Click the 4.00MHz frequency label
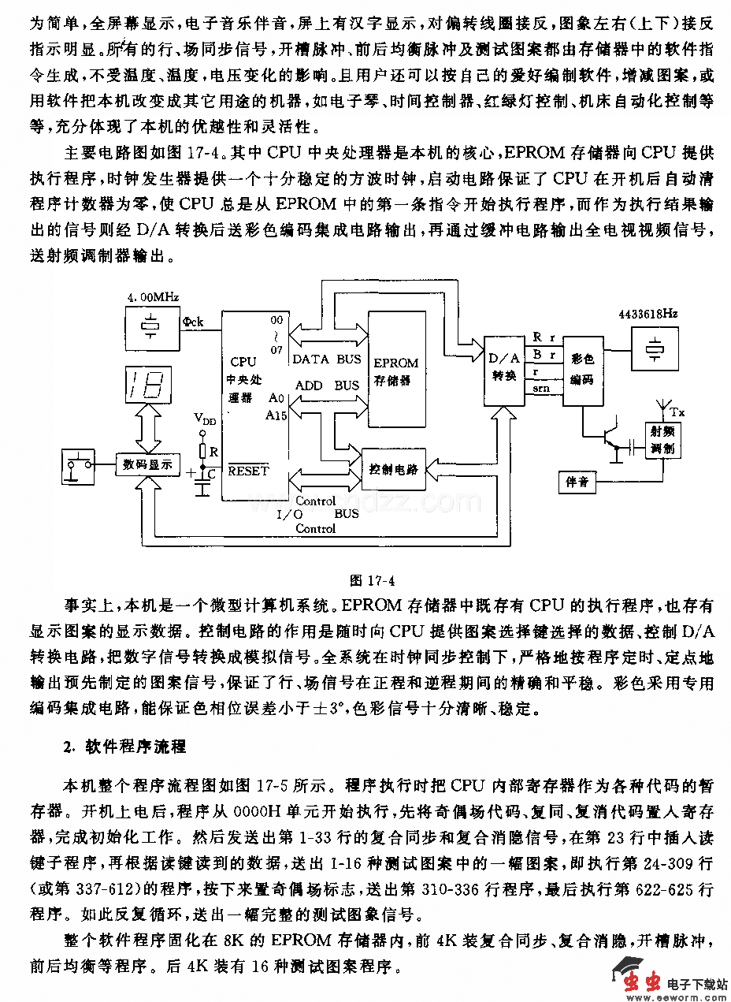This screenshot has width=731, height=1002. click(153, 297)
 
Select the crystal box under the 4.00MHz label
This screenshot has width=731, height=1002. click(151, 326)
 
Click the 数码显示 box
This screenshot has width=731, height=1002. click(147, 464)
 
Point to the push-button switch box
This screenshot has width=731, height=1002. click(78, 467)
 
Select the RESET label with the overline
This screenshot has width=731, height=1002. click(248, 471)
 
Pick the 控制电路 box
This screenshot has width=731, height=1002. click(392, 469)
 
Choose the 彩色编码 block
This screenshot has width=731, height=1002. click(584, 368)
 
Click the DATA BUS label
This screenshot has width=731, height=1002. click(326, 359)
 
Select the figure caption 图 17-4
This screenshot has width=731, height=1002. click(371, 581)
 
